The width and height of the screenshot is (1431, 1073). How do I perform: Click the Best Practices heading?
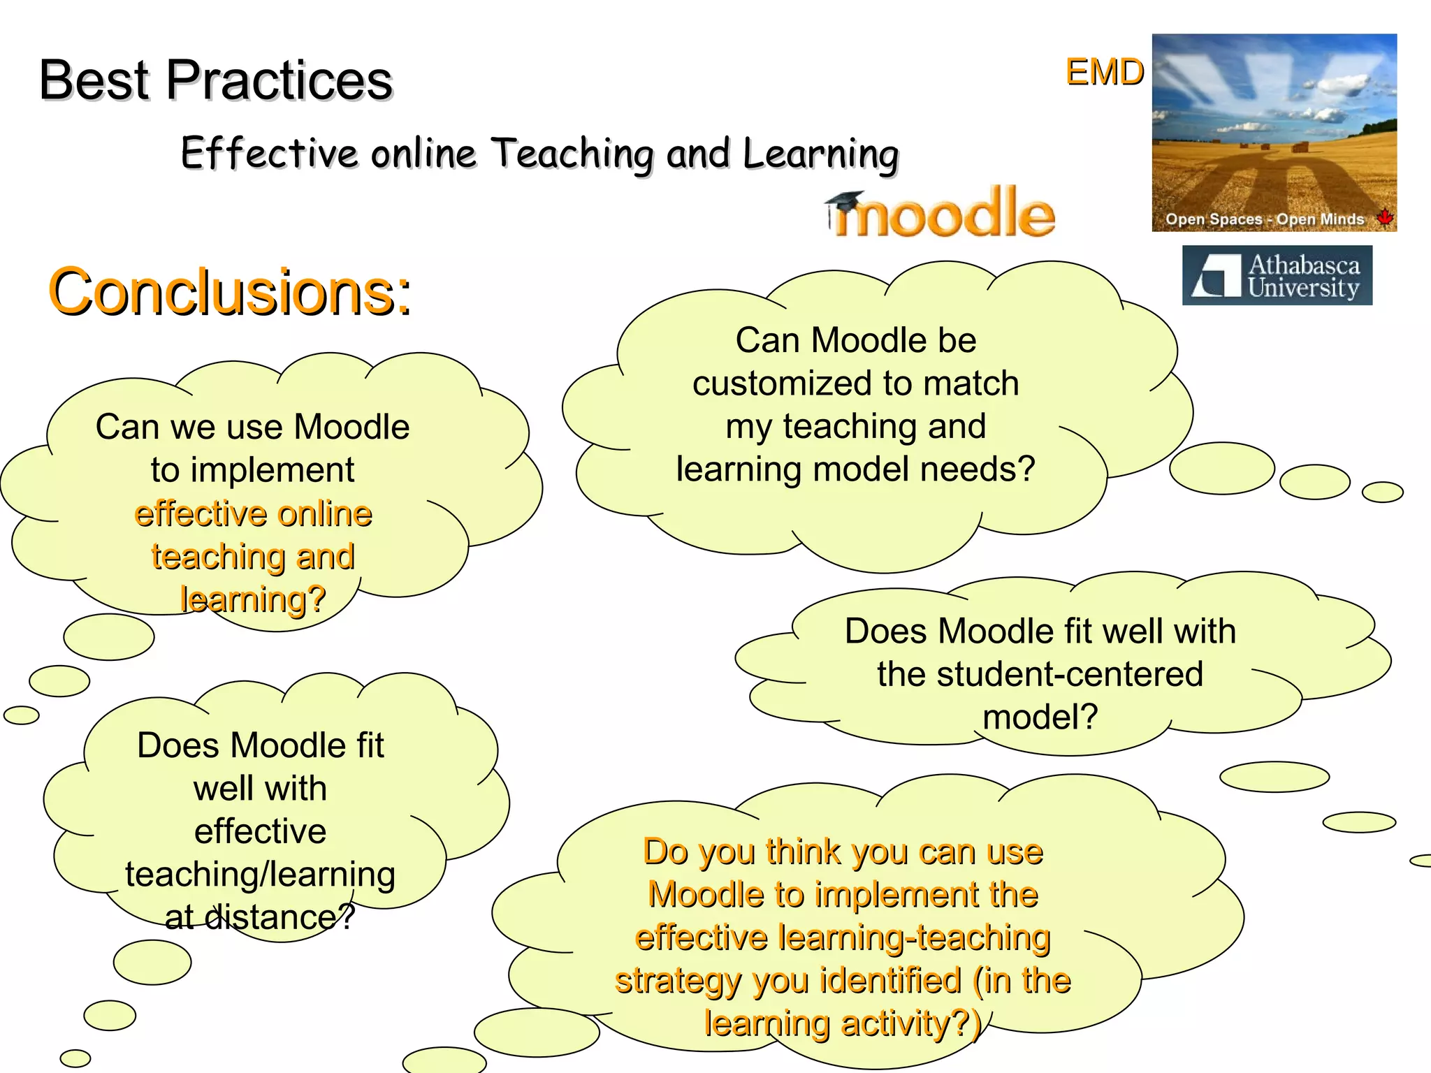[216, 80]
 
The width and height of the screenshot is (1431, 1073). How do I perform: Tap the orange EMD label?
[1104, 72]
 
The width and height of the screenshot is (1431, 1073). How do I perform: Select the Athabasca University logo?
[1277, 275]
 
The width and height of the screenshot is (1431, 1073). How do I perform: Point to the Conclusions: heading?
[230, 291]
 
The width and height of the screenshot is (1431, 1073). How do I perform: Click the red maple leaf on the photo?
[1384, 217]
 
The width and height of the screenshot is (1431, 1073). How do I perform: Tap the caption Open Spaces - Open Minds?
[1264, 219]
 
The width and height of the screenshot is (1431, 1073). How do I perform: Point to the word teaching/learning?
[260, 875]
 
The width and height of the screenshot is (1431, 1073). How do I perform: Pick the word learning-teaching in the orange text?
[914, 937]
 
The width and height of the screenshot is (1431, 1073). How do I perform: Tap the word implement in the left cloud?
[272, 470]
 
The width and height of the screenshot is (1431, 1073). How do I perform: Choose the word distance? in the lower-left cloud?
[280, 917]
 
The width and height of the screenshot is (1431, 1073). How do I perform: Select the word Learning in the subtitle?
[820, 154]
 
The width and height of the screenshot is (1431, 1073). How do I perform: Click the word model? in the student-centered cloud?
[1040, 717]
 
